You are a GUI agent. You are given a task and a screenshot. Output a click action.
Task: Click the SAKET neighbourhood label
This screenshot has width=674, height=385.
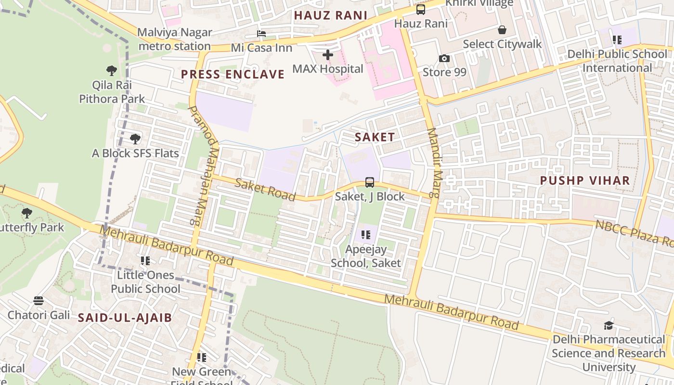point(375,137)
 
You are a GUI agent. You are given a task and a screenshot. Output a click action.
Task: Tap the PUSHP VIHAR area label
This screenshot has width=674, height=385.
point(584,181)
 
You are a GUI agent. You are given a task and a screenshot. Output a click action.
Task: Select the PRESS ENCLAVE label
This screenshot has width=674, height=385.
point(233,75)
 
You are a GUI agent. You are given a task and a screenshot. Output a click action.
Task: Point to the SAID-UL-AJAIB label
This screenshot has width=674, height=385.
point(125,318)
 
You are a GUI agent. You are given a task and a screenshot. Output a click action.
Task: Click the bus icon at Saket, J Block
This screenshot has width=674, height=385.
point(370,182)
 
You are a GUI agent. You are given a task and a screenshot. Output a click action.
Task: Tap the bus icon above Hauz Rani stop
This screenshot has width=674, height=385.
point(421,10)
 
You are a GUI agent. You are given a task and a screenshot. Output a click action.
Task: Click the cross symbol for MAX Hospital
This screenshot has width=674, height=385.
point(328,55)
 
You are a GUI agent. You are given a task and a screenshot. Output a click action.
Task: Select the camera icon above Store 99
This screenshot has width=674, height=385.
point(444,59)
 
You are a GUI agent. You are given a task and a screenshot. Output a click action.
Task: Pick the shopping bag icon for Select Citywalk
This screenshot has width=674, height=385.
point(502,30)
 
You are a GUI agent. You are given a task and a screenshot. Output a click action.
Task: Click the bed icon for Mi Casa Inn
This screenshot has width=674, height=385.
point(261,34)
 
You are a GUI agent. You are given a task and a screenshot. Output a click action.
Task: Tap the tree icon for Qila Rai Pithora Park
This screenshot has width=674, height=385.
point(112,71)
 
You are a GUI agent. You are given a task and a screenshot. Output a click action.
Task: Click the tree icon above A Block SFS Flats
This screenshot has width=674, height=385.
point(135,139)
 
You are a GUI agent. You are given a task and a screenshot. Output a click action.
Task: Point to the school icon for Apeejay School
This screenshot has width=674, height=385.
point(366,235)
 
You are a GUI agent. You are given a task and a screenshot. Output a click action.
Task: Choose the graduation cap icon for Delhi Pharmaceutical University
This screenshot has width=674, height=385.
point(609,326)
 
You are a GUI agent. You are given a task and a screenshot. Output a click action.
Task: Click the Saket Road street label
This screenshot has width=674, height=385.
point(265,189)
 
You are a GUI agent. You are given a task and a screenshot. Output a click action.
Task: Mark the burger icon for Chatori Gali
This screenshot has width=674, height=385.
point(39,301)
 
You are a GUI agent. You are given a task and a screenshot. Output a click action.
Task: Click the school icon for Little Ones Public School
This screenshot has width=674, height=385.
point(145,261)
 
